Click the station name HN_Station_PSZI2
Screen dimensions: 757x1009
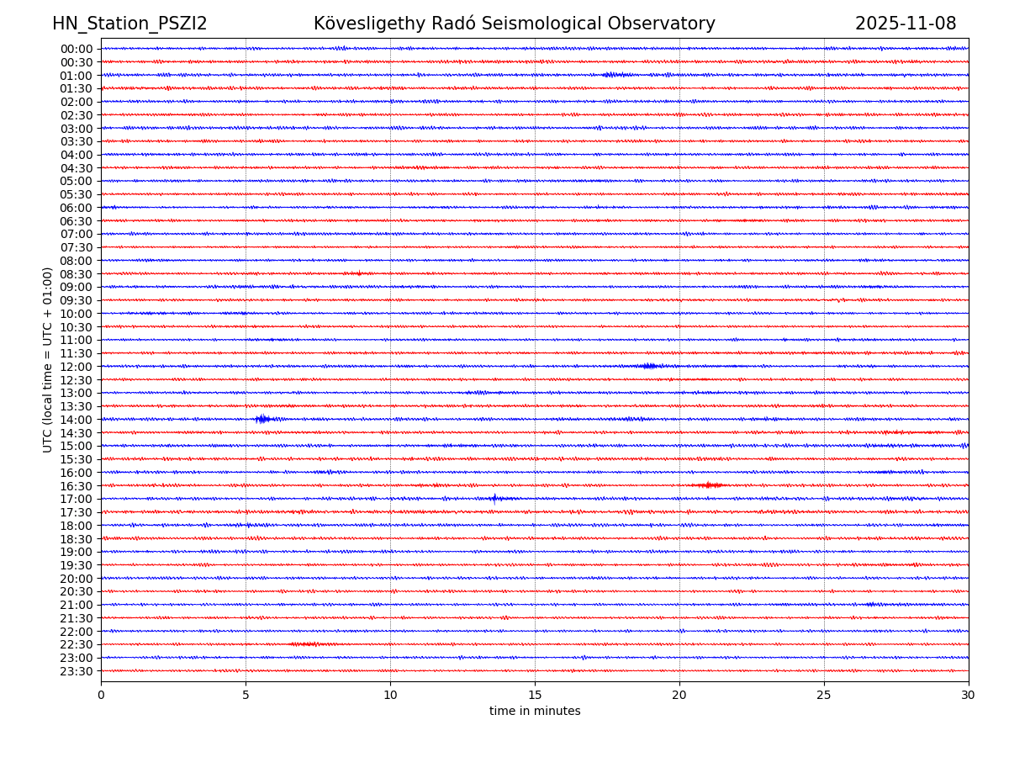click(x=129, y=24)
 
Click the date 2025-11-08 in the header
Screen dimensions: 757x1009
click(x=906, y=24)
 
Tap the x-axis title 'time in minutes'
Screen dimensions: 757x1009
click(x=535, y=712)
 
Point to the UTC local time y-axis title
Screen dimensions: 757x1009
click(x=48, y=359)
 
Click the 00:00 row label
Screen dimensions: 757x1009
click(x=77, y=49)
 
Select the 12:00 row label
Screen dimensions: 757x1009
click(x=77, y=367)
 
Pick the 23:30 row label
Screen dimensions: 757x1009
click(x=77, y=671)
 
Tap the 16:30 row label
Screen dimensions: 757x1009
click(x=77, y=486)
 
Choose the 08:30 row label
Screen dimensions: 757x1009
click(x=77, y=274)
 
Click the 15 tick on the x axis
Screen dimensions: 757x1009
click(x=535, y=695)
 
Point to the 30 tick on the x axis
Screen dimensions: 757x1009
click(x=969, y=695)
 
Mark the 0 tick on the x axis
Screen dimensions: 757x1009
click(x=101, y=695)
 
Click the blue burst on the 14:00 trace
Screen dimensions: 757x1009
click(x=263, y=419)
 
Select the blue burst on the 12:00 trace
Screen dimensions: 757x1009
click(x=648, y=366)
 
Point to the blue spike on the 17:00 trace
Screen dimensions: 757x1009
click(x=494, y=498)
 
